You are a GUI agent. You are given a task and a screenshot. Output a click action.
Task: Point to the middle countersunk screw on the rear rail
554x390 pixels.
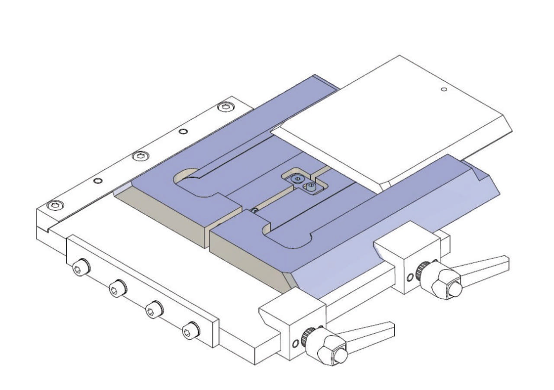pyautogui.click(x=139, y=156)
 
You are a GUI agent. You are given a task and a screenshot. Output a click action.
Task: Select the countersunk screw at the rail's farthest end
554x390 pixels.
pyautogui.click(x=225, y=106)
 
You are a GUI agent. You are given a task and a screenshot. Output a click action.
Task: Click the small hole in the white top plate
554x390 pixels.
pyautogui.click(x=443, y=90)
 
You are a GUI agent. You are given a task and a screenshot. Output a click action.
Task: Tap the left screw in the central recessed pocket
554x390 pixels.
pyautogui.click(x=296, y=179)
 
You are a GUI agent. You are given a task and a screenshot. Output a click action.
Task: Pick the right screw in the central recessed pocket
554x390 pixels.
pyautogui.click(x=310, y=187)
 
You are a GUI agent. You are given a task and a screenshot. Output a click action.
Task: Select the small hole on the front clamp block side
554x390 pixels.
pyautogui.click(x=295, y=344)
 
